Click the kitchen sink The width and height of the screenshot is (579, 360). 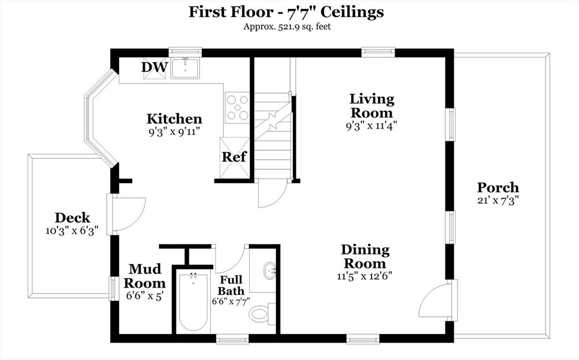coord(185,68)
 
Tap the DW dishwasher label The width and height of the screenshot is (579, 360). coord(155,67)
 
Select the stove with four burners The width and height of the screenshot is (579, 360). coord(237,107)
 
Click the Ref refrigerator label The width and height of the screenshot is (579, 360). coord(234,157)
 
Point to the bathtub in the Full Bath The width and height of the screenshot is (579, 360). coord(194,301)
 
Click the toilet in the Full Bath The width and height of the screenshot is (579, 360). coord(261,314)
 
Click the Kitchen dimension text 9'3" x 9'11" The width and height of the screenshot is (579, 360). coord(174,132)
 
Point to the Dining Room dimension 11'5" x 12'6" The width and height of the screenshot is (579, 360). coord(364,276)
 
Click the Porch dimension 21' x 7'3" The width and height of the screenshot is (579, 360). coord(498,201)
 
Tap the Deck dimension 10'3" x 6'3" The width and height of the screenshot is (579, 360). coord(72,231)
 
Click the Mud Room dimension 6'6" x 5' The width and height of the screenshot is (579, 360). coord(144,296)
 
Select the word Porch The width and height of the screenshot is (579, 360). coord(498,188)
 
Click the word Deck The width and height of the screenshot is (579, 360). coord(72,218)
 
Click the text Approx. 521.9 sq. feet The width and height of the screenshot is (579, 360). coord(287,27)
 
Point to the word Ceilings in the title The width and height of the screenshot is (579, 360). coord(352,12)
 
